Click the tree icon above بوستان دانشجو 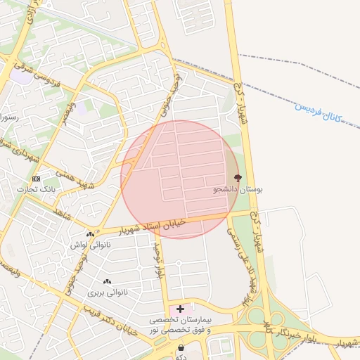pyautogui.click(x=236, y=178)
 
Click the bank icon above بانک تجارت pyautogui.click(x=36, y=179)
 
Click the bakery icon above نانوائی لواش pyautogui.click(x=89, y=234)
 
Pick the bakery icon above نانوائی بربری pyautogui.click(x=107, y=281)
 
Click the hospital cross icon pyautogui.click(x=181, y=309)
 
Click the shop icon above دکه pyautogui.click(x=181, y=347)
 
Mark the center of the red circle pyautogui.click(x=180, y=179)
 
